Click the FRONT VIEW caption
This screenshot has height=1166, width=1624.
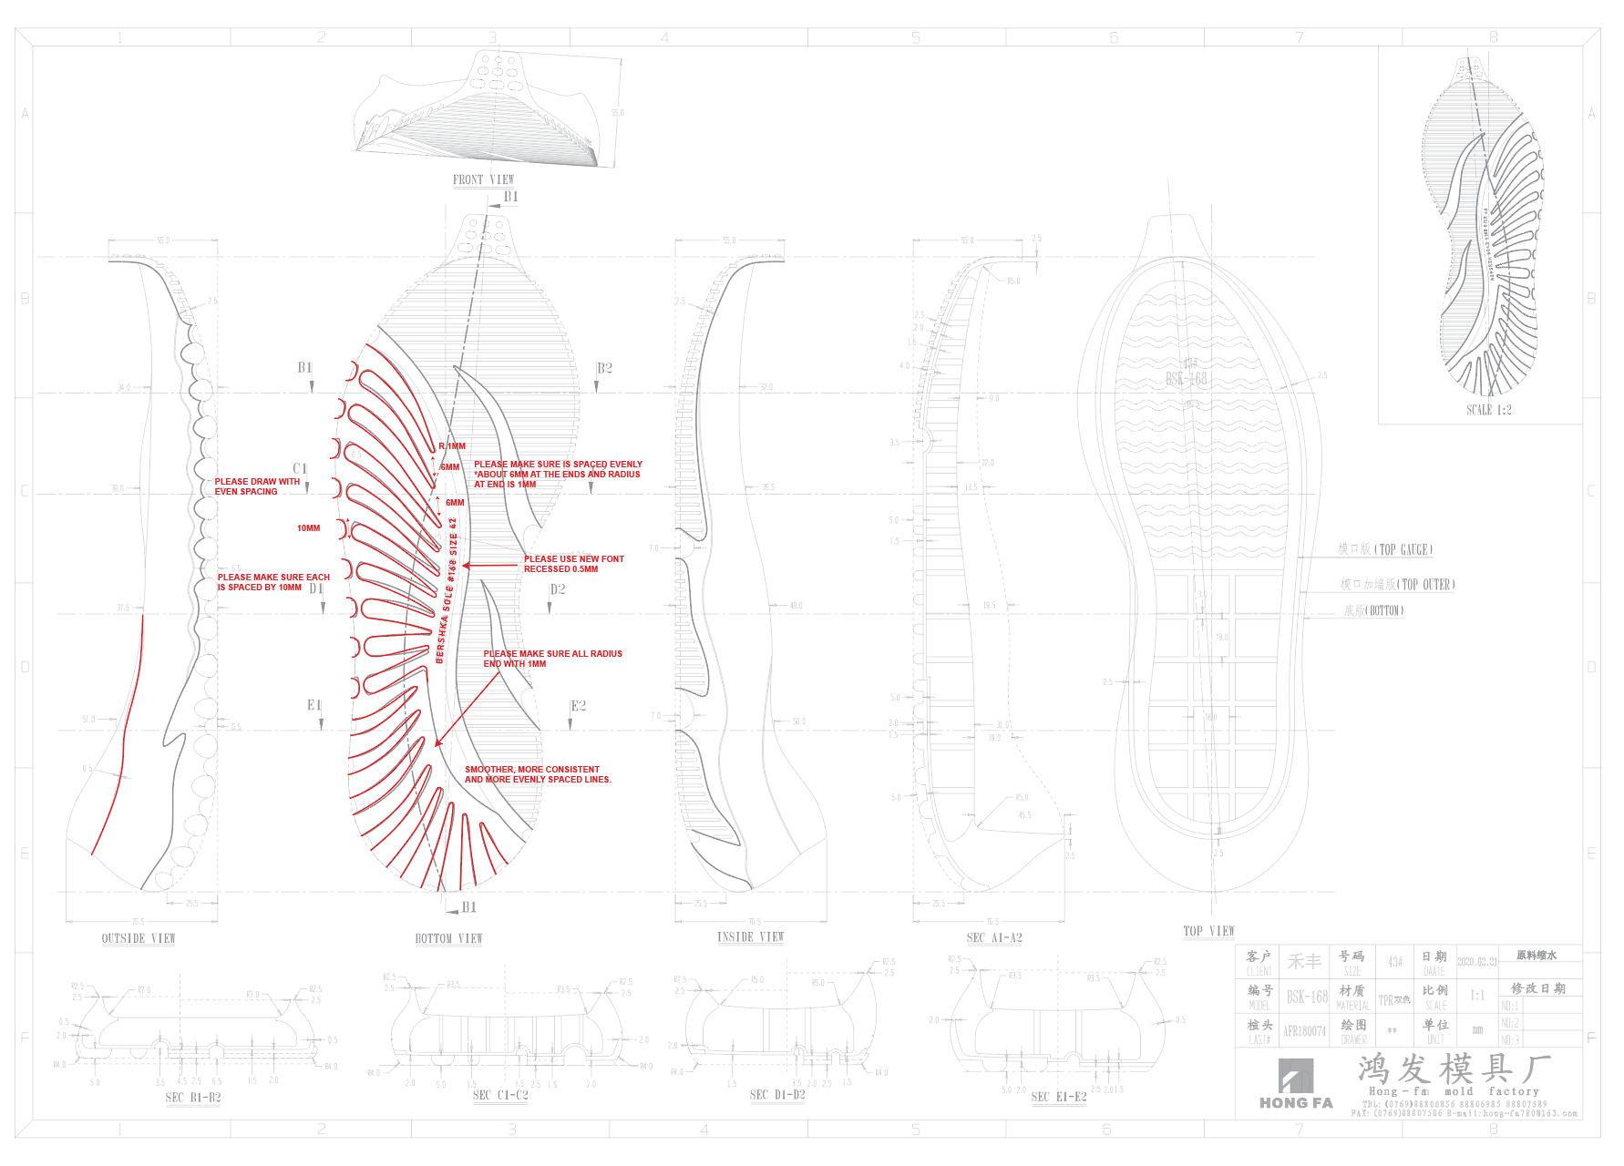tap(483, 179)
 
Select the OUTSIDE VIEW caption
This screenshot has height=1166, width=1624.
tap(139, 938)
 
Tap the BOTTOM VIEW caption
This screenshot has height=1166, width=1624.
tap(448, 938)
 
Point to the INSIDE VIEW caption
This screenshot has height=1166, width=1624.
tap(750, 936)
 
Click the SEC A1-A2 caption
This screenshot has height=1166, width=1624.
tap(994, 937)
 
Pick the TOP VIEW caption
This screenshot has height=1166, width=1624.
tap(1208, 931)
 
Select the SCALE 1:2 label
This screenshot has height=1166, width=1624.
tap(1488, 410)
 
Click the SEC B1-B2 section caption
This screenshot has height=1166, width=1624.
tap(193, 1098)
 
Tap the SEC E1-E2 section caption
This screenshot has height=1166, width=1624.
tap(1058, 1097)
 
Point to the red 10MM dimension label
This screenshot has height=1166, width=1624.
tap(308, 528)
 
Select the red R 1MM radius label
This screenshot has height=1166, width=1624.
tap(452, 446)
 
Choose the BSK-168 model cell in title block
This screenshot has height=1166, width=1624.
tap(1307, 997)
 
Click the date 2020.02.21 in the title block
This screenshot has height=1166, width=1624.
tap(1476, 962)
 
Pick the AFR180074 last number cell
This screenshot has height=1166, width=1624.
tap(1304, 1031)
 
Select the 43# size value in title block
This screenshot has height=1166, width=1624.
tap(1394, 962)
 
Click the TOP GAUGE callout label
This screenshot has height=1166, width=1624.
tap(1384, 549)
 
